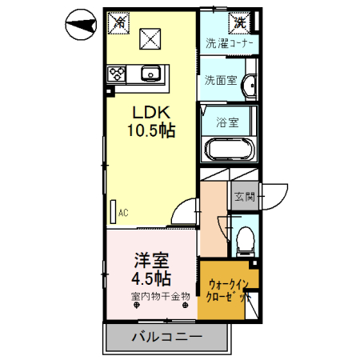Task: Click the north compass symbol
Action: [x=81, y=25]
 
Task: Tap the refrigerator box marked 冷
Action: [x=118, y=23]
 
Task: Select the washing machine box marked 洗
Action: [x=239, y=23]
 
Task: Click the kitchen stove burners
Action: [x=117, y=74]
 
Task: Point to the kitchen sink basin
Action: [x=150, y=73]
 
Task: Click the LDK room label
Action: [x=151, y=113]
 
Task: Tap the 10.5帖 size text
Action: [x=151, y=130]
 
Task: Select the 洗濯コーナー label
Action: [x=229, y=43]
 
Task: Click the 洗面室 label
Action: [x=221, y=80]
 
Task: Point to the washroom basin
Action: [x=250, y=85]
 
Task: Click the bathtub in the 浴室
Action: [x=229, y=150]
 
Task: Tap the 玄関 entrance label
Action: [x=245, y=197]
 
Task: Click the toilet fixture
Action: [x=246, y=241]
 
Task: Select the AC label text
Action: [x=123, y=213]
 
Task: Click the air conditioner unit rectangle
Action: [x=114, y=212]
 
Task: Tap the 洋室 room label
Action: [x=151, y=260]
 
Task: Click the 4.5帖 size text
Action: [x=151, y=278]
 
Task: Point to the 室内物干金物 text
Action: [x=161, y=296]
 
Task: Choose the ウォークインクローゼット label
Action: [x=229, y=291]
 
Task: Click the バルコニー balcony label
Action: [x=167, y=337]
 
